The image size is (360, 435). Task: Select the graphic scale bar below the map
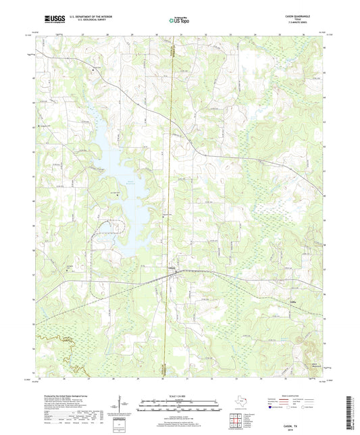pyautogui.click(x=179, y=407)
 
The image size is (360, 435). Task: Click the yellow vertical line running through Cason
pyautogui.click(x=170, y=203)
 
